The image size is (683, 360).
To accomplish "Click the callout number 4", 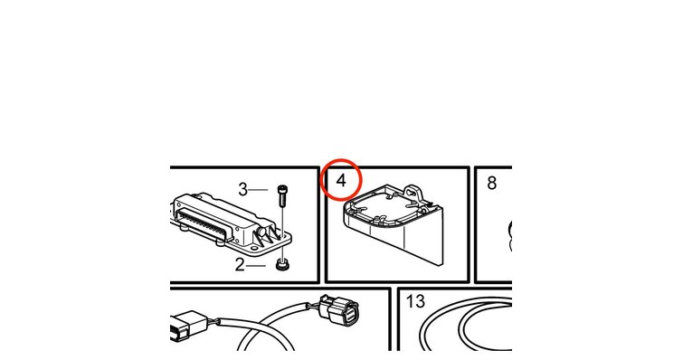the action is (341, 180).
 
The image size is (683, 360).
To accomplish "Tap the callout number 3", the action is (242, 190).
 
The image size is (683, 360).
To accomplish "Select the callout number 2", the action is (240, 264).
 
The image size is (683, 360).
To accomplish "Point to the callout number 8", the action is (492, 184).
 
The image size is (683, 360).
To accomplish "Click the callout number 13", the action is (415, 301).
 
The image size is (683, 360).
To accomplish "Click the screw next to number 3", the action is (282, 197).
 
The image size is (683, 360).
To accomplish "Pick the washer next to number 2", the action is (283, 264).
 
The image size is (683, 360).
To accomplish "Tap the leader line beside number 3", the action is (258, 190).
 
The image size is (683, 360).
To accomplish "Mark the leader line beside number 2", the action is (256, 265).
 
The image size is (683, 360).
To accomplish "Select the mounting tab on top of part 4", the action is (413, 191).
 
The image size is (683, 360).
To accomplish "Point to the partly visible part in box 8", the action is (509, 236).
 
